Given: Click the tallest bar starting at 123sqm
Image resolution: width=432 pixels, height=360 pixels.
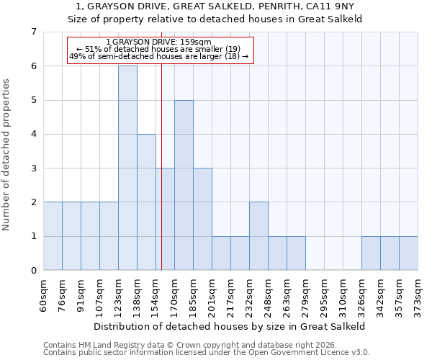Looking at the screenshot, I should (x=127, y=168).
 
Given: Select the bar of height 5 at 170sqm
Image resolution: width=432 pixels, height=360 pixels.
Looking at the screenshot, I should (x=184, y=185).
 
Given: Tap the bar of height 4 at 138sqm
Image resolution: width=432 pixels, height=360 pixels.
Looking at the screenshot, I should (x=146, y=202).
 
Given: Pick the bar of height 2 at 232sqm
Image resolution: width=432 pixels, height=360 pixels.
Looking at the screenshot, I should (x=258, y=236).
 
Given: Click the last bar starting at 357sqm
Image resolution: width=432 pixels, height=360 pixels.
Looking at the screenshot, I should (x=408, y=253).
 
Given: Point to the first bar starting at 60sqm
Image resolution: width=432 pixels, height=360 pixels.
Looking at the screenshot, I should (x=53, y=236).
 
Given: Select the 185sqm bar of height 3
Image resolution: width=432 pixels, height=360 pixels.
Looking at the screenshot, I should (x=202, y=219).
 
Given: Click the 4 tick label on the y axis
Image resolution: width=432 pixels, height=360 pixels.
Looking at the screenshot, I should (x=33, y=134).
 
